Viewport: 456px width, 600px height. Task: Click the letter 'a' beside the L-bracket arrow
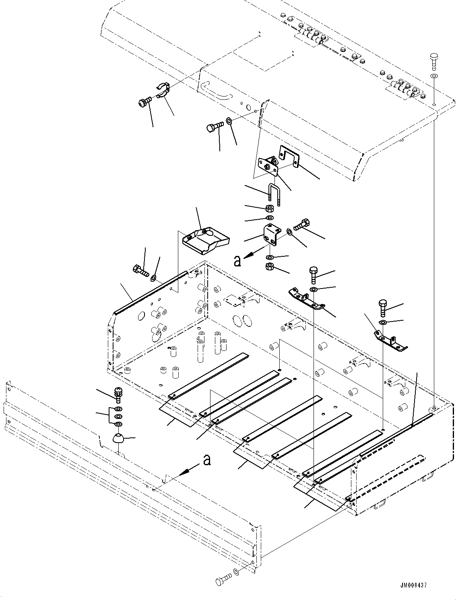pyautogui.click(x=237, y=261)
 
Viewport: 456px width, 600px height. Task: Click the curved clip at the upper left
pyautogui.click(x=163, y=90)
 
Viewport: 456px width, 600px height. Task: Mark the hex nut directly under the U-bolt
pyautogui.click(x=269, y=208)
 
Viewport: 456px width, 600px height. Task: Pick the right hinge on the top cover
pyautogui.click(x=404, y=89)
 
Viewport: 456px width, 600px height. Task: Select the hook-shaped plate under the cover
pyautogui.click(x=289, y=155)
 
